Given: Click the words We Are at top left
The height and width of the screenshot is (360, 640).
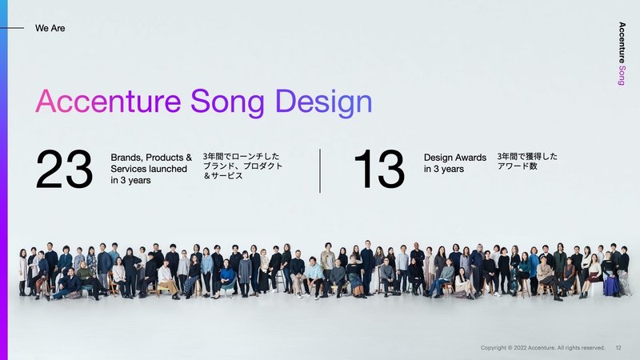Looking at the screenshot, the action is point(50,28).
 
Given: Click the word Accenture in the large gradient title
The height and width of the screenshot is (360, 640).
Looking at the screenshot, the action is point(108,102).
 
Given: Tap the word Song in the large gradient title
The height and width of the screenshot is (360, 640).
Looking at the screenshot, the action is point(227,104).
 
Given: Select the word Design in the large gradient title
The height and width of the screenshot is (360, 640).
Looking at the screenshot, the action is point(324,103).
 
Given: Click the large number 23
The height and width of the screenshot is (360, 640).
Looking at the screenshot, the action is point(64,169).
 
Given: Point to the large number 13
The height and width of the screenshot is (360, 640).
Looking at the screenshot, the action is point(379,169).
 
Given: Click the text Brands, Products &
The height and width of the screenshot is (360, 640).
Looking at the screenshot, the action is point(151,158).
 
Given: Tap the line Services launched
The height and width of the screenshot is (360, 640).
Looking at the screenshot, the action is point(149,169).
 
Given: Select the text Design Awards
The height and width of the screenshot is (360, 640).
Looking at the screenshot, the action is point(455,158).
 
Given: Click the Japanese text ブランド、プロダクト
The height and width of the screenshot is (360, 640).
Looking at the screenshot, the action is point(243,166).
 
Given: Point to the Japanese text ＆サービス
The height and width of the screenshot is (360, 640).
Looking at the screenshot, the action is point(223,176).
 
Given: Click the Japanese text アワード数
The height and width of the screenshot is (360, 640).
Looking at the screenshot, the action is point(517,166).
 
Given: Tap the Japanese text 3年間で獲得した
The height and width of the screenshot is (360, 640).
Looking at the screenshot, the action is point(527,156).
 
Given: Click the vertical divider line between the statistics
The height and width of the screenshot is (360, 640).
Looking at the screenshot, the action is point(320,170).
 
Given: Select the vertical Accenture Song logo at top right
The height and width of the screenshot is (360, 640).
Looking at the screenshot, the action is point(622,54).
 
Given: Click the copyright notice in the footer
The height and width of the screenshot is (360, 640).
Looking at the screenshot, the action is point(542,348).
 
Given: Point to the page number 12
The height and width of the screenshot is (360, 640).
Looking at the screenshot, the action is point(618,348).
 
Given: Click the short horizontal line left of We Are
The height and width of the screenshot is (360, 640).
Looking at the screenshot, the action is point(12,28).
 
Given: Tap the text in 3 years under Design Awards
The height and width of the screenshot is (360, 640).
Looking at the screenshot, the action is point(444,169).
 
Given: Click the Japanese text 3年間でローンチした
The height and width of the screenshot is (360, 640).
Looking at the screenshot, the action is point(242,156).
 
